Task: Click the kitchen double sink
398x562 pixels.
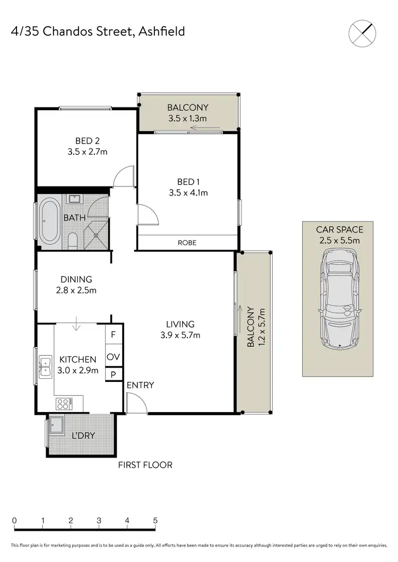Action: (x=45, y=364)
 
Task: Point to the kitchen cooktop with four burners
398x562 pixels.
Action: (x=63, y=404)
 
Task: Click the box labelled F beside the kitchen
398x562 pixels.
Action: (x=113, y=335)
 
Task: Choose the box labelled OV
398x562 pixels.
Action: (x=113, y=357)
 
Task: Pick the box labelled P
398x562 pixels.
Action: (x=113, y=374)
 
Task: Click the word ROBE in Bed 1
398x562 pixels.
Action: (x=187, y=243)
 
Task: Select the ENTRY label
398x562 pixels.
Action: (x=140, y=385)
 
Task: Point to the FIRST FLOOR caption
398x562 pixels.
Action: (x=145, y=465)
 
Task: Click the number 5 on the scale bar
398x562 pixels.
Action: (x=155, y=520)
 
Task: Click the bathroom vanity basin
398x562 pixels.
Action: (x=73, y=199)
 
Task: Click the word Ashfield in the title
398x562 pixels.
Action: (x=162, y=31)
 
